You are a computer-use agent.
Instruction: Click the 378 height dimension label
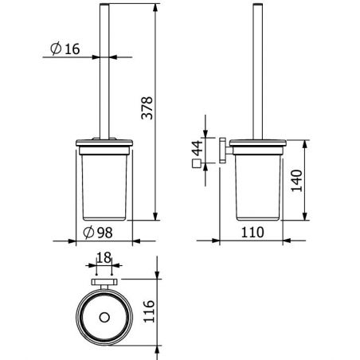[x=147, y=108]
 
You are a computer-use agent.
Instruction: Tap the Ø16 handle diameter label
[x=65, y=49]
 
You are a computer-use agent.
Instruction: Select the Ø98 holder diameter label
[x=98, y=233]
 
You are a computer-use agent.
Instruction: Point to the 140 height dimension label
[x=297, y=181]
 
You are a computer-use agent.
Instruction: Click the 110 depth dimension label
[x=252, y=233]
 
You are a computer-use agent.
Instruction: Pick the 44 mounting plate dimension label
[x=198, y=148]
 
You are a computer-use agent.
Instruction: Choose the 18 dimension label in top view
[x=104, y=258]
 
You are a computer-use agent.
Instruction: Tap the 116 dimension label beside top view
[x=149, y=311]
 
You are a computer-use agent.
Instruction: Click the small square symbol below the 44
[x=196, y=163]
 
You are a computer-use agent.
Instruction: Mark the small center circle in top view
[x=104, y=317]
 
